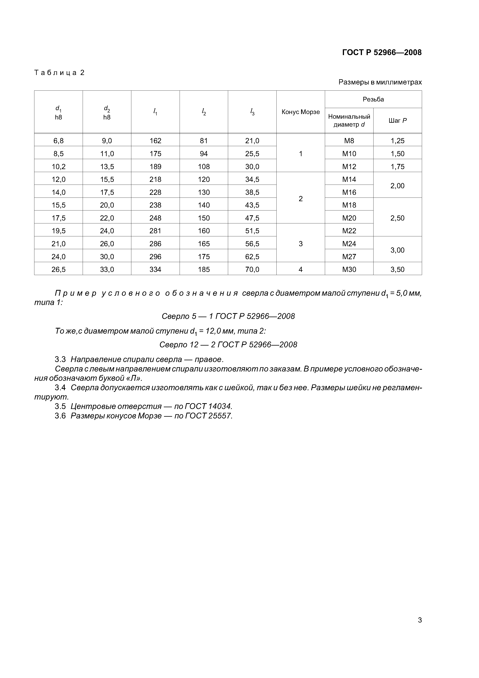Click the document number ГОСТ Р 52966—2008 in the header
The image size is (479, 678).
point(382,53)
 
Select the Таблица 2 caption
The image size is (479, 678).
point(59,73)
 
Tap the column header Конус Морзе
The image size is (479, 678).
point(301,112)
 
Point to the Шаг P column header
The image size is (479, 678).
point(397,120)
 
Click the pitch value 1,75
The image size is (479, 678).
point(397,167)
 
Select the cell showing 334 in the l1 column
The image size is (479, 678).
point(155,269)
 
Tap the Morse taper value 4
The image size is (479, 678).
point(301,269)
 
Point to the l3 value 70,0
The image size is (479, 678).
point(252,269)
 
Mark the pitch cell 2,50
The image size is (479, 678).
point(397,218)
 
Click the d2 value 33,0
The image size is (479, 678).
point(107,269)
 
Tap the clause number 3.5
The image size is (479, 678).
point(60,406)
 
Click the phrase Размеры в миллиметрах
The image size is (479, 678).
point(380,82)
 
